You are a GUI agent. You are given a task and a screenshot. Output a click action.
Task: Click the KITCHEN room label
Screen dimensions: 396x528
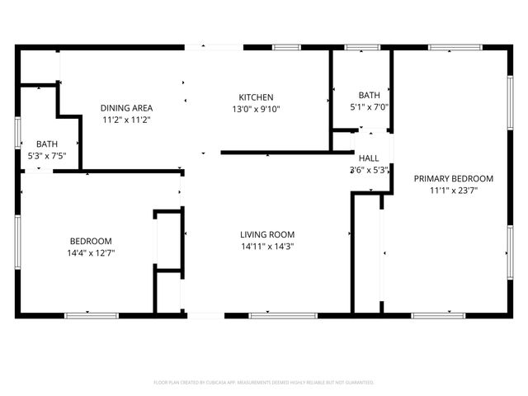pos(256,97)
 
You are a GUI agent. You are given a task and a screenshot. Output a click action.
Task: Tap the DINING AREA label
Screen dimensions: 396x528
pos(126,108)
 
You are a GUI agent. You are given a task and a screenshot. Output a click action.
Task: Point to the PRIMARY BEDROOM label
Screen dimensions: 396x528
pos(453,179)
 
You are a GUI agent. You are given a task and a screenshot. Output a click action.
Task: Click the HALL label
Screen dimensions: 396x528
pos(369,158)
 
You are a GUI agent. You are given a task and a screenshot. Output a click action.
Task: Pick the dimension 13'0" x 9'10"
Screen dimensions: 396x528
pos(256,108)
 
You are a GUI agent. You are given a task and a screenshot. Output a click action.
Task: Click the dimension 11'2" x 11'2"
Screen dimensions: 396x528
pos(126,120)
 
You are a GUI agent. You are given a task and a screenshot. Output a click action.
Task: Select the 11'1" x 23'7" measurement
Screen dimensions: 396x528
pos(453,190)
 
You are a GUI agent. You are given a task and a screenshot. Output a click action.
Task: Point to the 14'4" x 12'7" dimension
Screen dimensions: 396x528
pos(91,252)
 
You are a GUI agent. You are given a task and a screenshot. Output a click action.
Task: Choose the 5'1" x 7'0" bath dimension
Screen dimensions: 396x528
pos(369,106)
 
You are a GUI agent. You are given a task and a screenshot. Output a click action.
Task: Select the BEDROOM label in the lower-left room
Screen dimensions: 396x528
pos(91,241)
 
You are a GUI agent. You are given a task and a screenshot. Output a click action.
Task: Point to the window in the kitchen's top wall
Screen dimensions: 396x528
pos(285,47)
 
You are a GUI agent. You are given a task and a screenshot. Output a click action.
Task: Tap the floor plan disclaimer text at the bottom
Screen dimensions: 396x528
pos(264,382)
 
